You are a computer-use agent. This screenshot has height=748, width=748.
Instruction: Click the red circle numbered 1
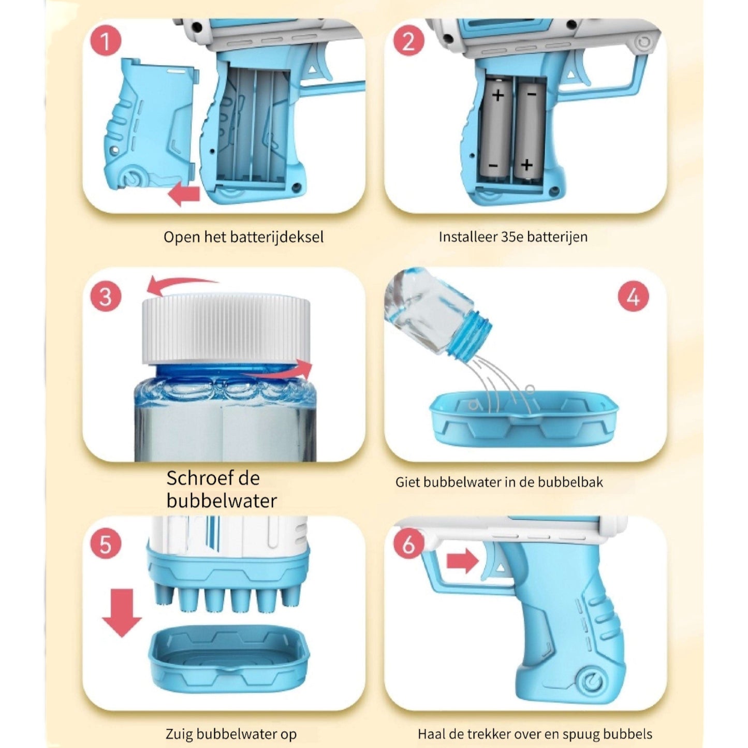click(x=106, y=41)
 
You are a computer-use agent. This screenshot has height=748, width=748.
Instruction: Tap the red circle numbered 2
click(x=408, y=41)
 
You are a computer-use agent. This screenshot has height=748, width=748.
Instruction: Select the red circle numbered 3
click(x=106, y=297)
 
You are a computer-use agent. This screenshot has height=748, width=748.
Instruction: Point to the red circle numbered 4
click(x=633, y=297)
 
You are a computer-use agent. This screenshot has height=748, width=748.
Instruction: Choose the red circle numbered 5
click(x=106, y=545)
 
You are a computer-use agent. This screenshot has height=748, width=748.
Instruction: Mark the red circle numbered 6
click(x=408, y=545)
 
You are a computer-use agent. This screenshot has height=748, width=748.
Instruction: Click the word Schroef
click(x=196, y=478)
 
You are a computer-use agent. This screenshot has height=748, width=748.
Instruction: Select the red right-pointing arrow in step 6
click(x=463, y=561)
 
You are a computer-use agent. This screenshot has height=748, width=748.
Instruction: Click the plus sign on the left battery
click(x=498, y=95)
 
